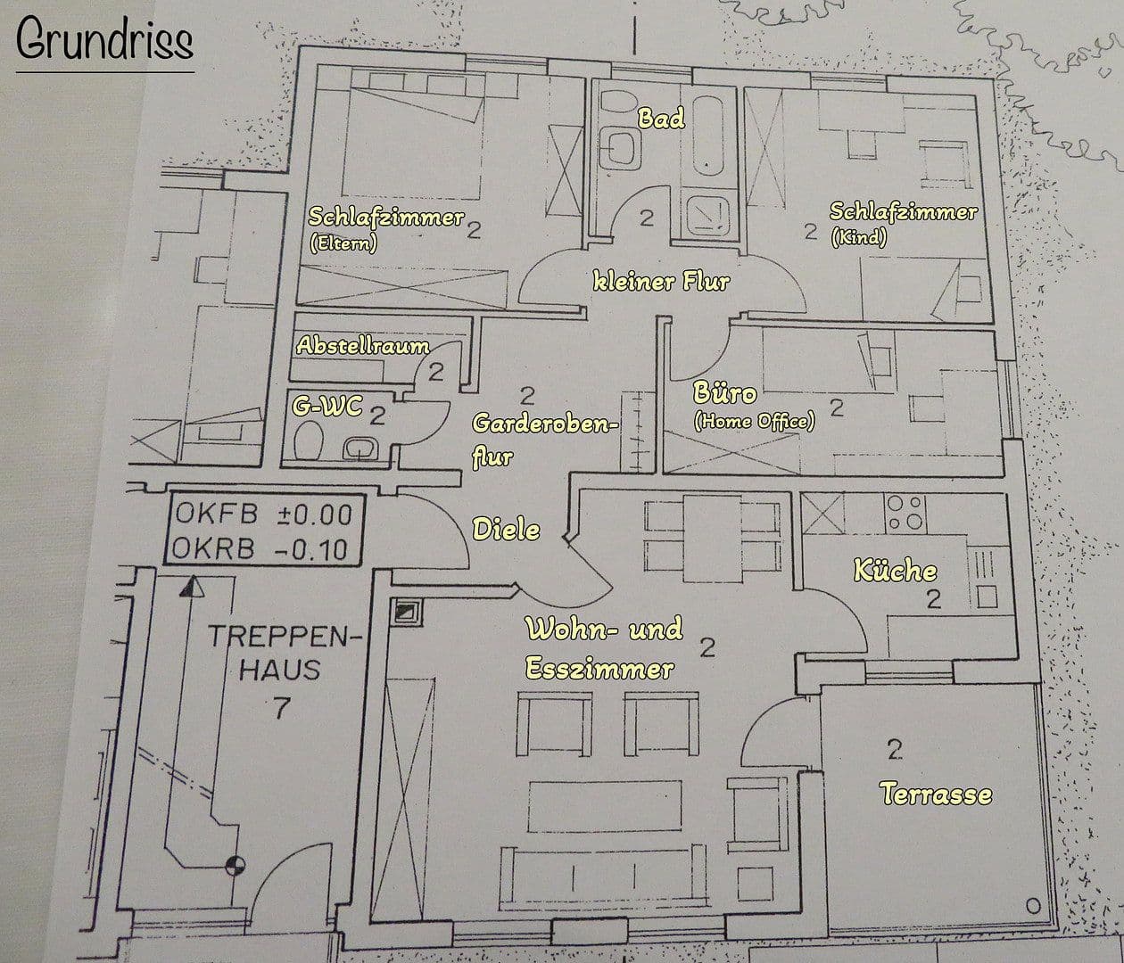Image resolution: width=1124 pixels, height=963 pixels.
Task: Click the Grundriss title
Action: [x=104, y=41]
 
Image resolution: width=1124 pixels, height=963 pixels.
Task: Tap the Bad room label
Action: [x=662, y=118]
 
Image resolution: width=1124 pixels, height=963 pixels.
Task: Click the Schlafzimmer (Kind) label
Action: [x=902, y=223]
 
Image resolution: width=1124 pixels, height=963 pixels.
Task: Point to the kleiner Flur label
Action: [x=661, y=283]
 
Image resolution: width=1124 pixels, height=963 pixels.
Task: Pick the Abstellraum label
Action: [x=362, y=346]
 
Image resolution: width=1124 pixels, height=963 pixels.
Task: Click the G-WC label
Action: [x=327, y=407]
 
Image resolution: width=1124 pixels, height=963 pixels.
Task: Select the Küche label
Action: [x=895, y=571]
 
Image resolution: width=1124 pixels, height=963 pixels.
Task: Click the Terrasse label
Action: [x=936, y=794]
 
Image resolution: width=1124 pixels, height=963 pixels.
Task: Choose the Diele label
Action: [x=506, y=530]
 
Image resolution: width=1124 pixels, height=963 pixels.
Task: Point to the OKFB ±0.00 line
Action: [x=263, y=514]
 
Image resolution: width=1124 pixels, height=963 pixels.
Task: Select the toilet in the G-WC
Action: [x=309, y=441]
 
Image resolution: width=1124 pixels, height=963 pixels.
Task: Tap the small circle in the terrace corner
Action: [x=1033, y=907]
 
